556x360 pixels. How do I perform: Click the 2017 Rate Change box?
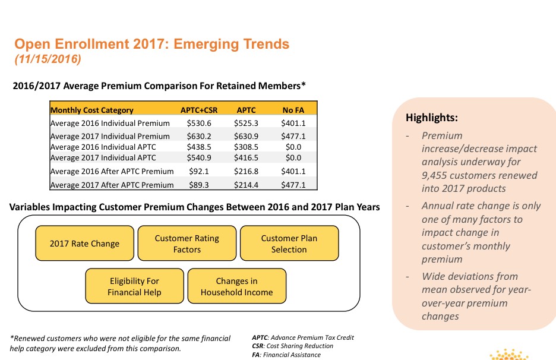[84, 244]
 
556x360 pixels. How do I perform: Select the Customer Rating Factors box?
[187, 244]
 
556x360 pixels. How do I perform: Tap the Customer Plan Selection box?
[289, 244]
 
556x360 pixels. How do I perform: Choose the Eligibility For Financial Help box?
[134, 286]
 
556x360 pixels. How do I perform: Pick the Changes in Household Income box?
[236, 286]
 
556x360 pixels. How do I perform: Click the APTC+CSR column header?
[199, 110]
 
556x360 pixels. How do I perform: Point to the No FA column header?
[293, 110]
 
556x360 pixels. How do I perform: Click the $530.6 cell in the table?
[199, 123]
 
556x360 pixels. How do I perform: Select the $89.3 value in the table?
[199, 185]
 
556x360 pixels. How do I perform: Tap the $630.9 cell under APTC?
[246, 136]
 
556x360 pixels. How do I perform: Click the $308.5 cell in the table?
[246, 147]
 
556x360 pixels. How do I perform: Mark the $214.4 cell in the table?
[246, 185]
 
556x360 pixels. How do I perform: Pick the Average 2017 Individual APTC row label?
[103, 157]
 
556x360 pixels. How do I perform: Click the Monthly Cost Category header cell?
[92, 110]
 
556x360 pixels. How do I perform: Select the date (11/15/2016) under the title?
[47, 59]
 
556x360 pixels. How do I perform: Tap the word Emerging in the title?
[203, 44]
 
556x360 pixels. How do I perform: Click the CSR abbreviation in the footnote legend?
[259, 346]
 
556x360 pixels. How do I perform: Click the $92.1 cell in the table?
[199, 171]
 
